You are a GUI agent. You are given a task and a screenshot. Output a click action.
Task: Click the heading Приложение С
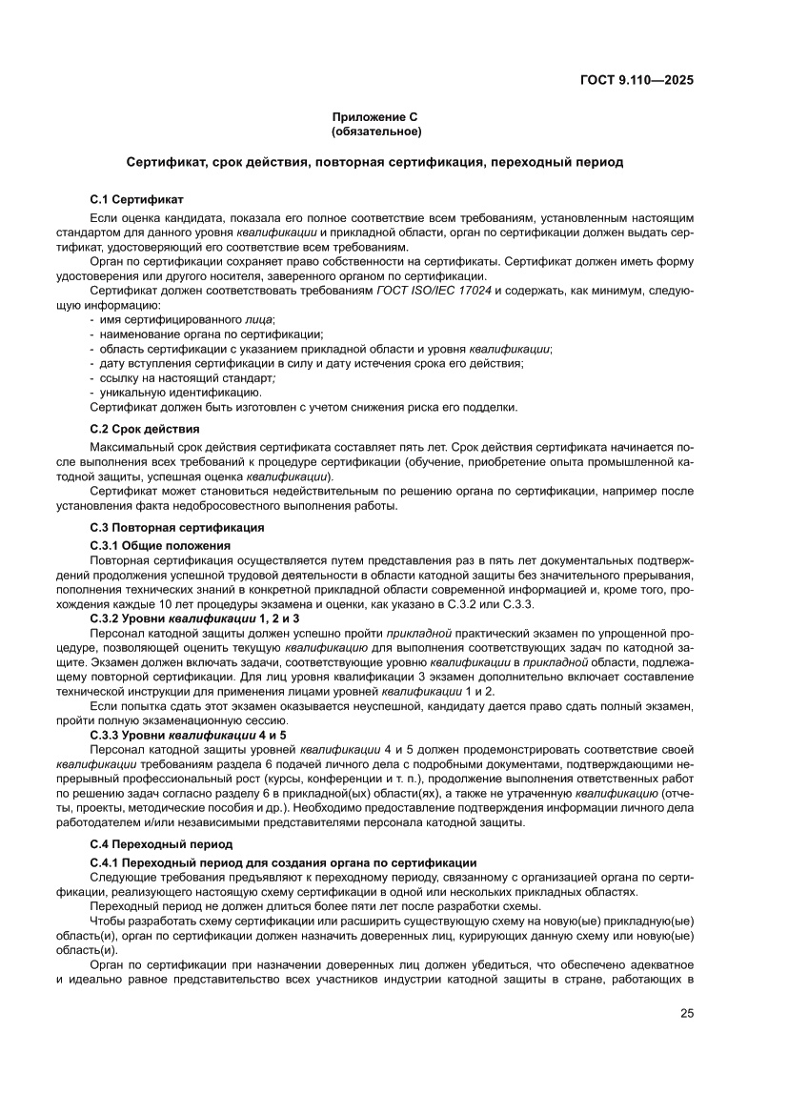click(374, 115)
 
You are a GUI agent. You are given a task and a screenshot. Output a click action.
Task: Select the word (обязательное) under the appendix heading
click(374, 131)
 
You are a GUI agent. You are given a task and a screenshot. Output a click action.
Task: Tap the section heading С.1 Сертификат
click(136, 200)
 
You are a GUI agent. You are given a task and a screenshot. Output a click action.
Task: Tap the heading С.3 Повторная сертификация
click(176, 527)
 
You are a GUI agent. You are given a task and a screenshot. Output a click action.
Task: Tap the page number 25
click(686, 1013)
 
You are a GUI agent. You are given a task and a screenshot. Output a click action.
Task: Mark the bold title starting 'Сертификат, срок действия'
click(374, 162)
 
